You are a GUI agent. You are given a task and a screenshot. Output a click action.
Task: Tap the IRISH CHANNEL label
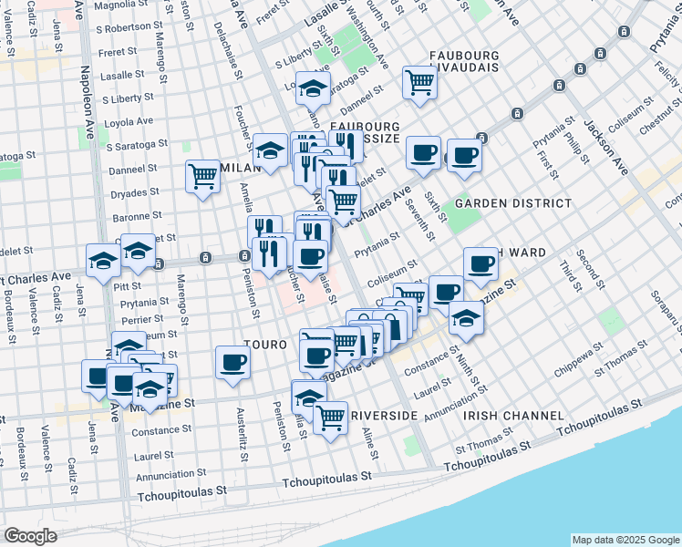513,416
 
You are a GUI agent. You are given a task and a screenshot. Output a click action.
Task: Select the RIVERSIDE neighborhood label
384,416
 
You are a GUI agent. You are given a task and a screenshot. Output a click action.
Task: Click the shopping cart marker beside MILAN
202,176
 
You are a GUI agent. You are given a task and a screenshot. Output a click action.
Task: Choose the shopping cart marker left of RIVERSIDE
331,418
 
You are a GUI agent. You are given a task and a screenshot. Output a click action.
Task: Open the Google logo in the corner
31,536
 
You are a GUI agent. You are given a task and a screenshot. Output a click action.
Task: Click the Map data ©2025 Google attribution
625,540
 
